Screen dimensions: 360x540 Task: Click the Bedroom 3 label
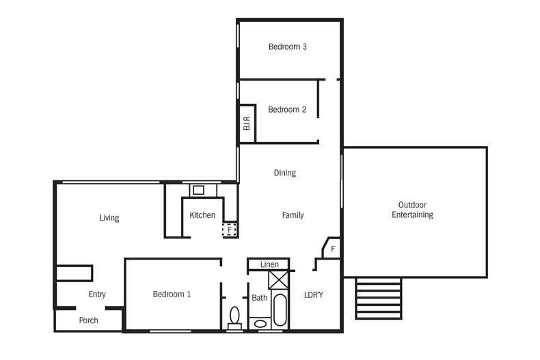pos(287,47)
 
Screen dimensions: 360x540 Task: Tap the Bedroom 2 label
pos(287,109)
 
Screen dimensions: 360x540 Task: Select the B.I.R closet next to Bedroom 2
pos(247,124)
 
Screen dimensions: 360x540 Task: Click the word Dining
pos(284,173)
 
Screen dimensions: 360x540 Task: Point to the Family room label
pos(293,215)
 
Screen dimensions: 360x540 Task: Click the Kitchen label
pos(202,215)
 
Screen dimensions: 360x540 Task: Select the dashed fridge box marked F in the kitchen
pos(230,230)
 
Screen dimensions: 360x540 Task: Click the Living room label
pos(109,219)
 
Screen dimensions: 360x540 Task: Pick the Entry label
pos(97,294)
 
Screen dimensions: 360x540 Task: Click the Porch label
pos(89,320)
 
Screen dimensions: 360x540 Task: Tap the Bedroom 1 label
pos(172,294)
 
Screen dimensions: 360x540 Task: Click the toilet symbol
pos(234,317)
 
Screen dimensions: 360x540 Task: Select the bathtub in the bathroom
pos(280,311)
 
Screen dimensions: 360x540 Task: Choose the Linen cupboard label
pos(269,264)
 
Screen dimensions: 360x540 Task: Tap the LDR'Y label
pos(314,295)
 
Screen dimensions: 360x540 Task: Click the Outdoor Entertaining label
pos(412,210)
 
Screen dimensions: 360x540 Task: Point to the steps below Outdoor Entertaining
pos(378,298)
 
